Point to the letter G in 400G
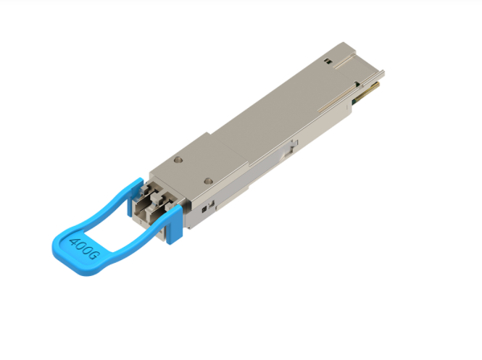pyautogui.click(x=94, y=257)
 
